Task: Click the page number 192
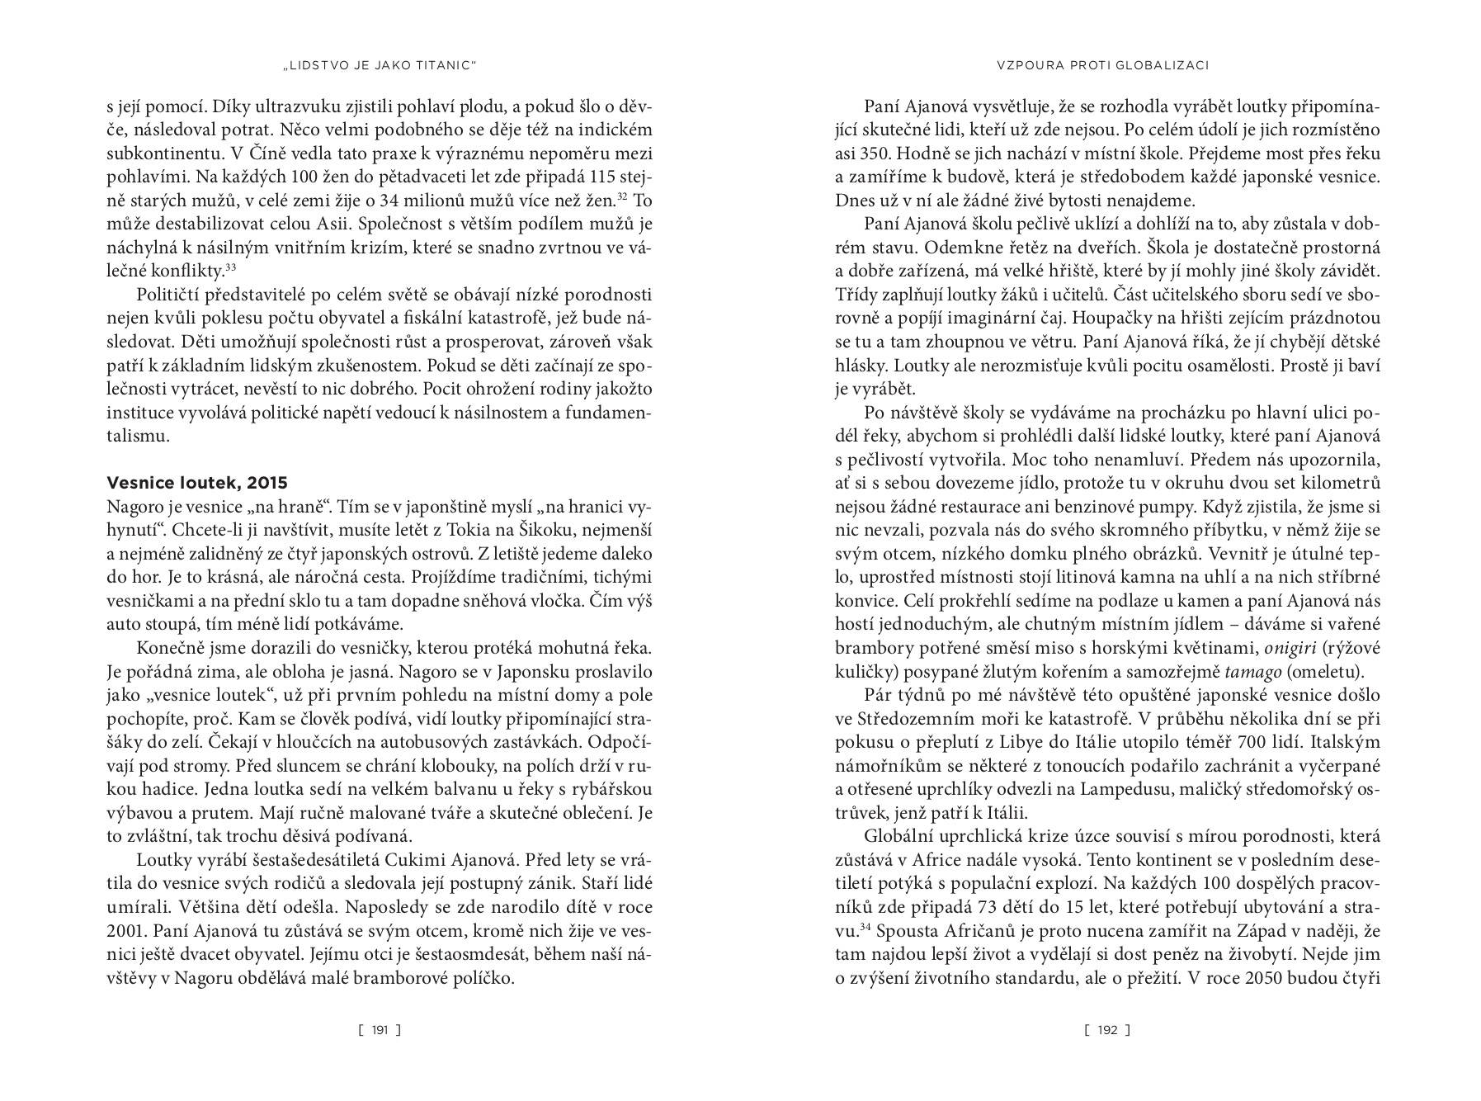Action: pyautogui.click(x=1107, y=1030)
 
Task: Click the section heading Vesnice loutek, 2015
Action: pyautogui.click(x=197, y=483)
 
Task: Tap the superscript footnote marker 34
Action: pyautogui.click(x=865, y=928)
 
